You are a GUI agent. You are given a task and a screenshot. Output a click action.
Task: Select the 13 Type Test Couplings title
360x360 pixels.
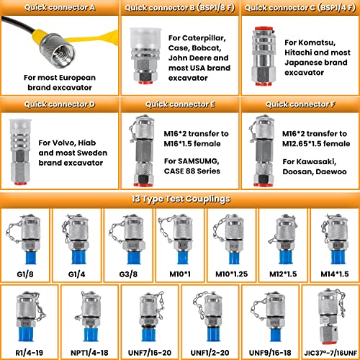pyautogui.click(x=180, y=199)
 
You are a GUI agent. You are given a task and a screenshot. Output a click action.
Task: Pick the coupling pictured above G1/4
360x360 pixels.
pyautogui.click(x=77, y=238)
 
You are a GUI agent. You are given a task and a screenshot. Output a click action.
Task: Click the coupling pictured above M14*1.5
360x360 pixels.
pyautogui.click(x=334, y=238)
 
